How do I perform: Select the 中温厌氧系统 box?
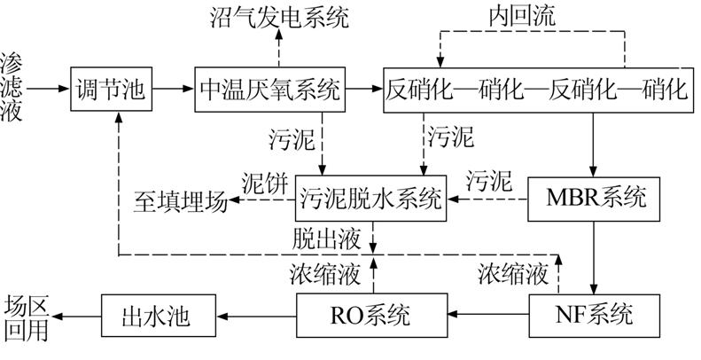pyautogui.click(x=269, y=90)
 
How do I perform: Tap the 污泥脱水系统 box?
pyautogui.click(x=370, y=198)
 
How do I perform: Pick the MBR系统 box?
pyautogui.click(x=594, y=198)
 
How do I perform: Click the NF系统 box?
pyautogui.click(x=594, y=314)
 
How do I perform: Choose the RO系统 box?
pyautogui.click(x=370, y=314)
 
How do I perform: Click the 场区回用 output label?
pyautogui.click(x=25, y=317)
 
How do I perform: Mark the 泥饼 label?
pyautogui.click(x=263, y=183)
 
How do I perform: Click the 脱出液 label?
pyautogui.click(x=323, y=239)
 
